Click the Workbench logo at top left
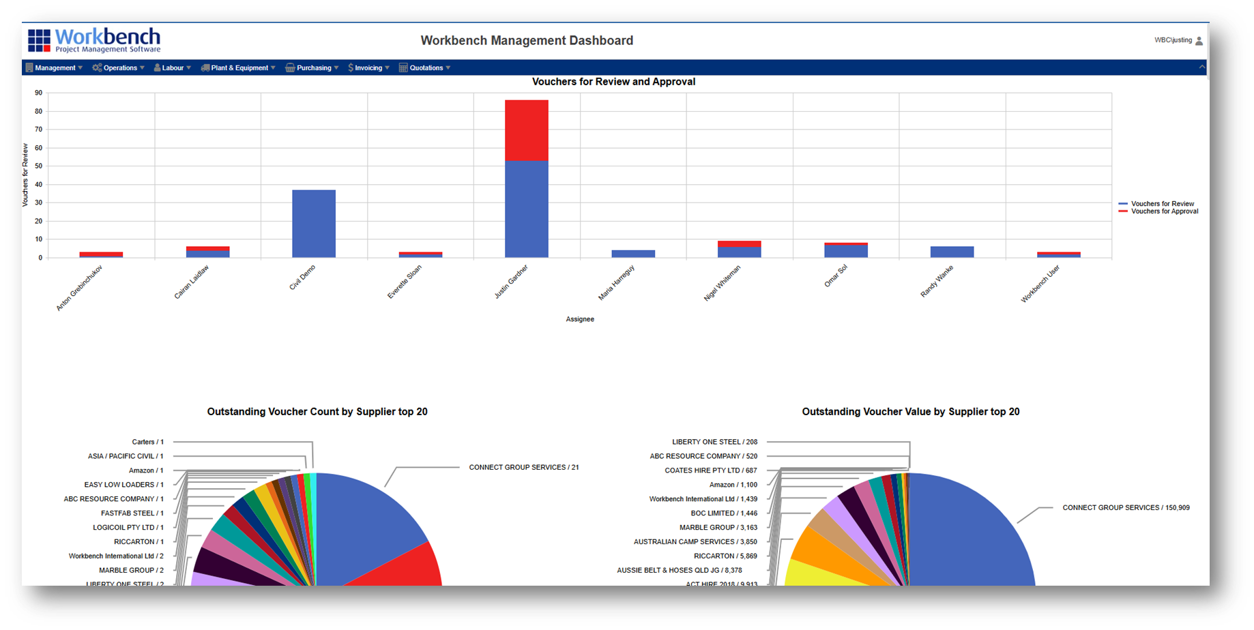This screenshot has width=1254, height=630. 94,40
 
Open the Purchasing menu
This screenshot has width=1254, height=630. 313,67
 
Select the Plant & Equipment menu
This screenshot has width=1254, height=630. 239,67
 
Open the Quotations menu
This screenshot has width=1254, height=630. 426,67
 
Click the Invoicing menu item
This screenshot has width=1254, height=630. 368,67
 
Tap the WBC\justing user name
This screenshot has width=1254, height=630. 1173,40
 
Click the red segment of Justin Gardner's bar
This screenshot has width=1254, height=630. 526,130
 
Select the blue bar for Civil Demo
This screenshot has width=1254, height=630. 314,223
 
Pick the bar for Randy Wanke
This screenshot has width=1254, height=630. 952,252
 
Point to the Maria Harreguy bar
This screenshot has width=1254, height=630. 633,254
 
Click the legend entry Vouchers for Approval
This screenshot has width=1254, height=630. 1164,211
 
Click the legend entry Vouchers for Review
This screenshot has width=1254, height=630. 1162,204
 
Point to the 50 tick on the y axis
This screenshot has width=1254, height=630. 39,166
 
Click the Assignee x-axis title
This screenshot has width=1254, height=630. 580,319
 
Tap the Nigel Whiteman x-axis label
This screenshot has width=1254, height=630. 723,283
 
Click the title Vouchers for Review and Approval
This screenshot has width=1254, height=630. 613,82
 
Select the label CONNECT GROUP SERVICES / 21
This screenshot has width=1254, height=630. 523,467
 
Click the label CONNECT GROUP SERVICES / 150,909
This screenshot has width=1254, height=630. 1126,507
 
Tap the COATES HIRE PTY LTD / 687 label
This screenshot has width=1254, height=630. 710,470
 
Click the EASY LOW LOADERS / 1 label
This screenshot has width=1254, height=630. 123,485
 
